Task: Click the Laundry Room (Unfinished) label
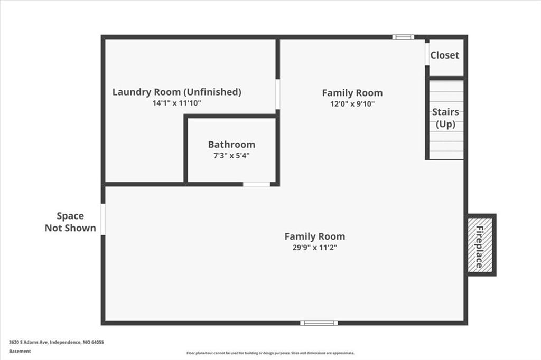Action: coord(176,92)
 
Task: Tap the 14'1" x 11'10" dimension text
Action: coord(176,103)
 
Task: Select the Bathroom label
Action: coord(231,145)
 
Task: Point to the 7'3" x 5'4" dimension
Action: coord(231,156)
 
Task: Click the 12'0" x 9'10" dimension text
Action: coord(352,104)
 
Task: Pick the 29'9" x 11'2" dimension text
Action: coord(315,247)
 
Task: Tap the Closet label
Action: coord(445,55)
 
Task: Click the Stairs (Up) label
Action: coord(445,118)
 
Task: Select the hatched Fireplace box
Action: coord(480,244)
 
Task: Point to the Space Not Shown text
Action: coord(70,222)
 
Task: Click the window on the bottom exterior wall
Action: coord(319,323)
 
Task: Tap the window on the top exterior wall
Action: coord(403,37)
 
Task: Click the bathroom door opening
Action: coord(256,184)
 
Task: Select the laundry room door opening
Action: coord(278,94)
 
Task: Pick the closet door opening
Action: coord(427,54)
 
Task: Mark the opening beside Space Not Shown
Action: coord(103,219)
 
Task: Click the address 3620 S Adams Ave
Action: coord(29,343)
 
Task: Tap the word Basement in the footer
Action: coord(20,352)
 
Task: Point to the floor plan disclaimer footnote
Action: coord(270,353)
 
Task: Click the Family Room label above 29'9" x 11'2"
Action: coord(315,236)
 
